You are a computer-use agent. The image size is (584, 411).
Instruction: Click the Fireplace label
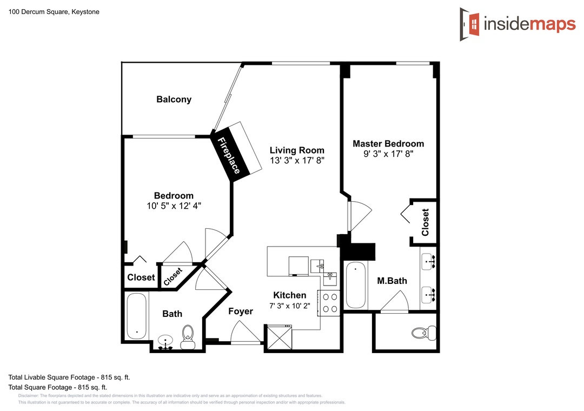pos(228,156)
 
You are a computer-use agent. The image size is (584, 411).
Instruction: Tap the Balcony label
pos(174,99)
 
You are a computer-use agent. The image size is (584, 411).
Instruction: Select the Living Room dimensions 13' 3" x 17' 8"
pos(297,160)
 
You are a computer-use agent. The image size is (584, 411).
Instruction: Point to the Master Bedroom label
pos(388,143)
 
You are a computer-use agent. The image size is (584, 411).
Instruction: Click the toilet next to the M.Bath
pos(424,333)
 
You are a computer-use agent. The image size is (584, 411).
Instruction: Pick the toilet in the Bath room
pos(188,337)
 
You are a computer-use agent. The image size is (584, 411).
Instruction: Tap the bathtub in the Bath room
pos(137,316)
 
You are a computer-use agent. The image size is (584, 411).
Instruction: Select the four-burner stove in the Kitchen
pos(329,303)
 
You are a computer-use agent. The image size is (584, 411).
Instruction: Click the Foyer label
pos(241,311)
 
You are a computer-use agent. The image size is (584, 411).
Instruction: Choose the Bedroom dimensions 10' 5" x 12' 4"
pos(174,205)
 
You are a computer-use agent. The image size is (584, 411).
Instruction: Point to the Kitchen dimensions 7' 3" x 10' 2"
pos(290,306)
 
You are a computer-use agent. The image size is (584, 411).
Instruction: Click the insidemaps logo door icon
pos(469,24)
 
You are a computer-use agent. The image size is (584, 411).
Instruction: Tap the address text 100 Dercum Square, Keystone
pos(54,11)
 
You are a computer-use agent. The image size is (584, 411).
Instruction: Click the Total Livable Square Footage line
pos(69,377)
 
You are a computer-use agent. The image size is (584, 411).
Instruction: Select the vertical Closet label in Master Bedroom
pos(425,222)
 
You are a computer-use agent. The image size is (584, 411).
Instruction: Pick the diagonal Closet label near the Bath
pos(173,276)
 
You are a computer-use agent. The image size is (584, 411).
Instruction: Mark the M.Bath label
pos(392,281)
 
